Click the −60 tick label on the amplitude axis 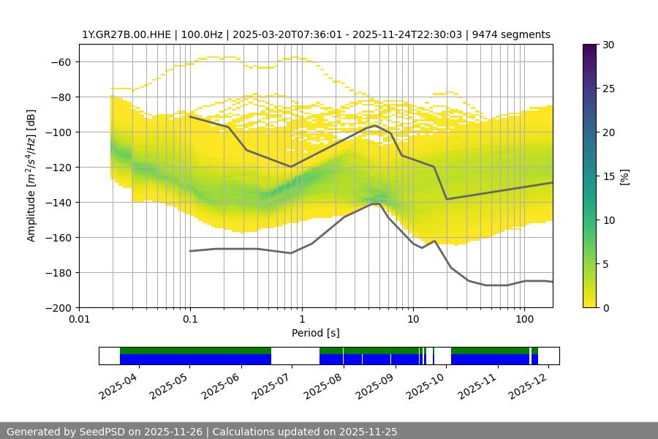coord(60,62)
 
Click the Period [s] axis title coord(315,333)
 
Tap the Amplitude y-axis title coord(31,176)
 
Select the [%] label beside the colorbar coord(624,176)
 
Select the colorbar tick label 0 coord(605,308)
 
